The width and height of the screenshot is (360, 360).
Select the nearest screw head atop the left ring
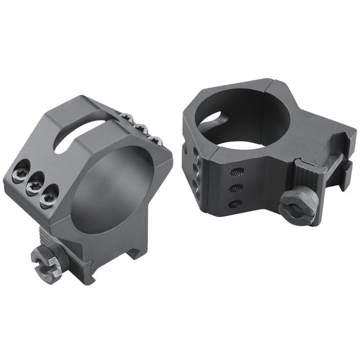click(154, 139)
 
